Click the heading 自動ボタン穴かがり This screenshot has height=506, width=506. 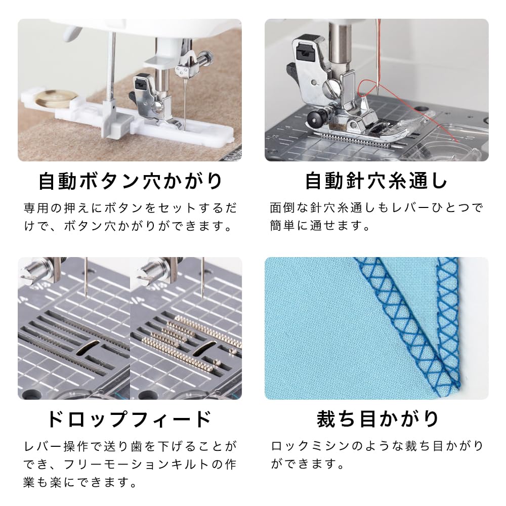tap(130, 181)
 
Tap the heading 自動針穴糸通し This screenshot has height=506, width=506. tap(376, 181)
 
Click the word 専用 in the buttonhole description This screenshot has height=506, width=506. tap(38, 208)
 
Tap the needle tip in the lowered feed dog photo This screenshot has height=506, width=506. tap(87, 296)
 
